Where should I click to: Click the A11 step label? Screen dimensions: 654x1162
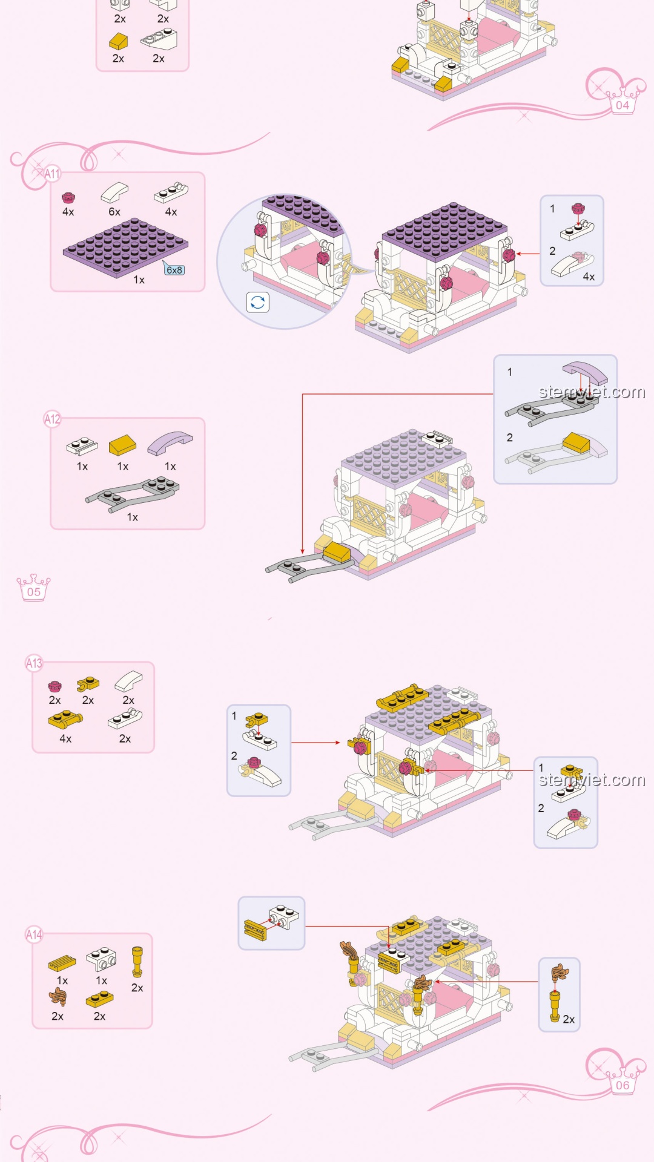point(52,174)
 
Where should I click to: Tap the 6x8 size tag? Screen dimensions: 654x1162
point(174,270)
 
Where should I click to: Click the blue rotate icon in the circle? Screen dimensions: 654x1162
point(257,302)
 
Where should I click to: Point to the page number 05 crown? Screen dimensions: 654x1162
point(34,588)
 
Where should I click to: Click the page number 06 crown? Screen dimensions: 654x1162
point(623,1082)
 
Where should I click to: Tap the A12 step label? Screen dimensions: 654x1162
point(52,419)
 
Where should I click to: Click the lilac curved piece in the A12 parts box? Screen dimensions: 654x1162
point(170,443)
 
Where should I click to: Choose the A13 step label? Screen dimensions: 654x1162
point(34,663)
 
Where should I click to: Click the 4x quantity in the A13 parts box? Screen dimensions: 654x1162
point(65,738)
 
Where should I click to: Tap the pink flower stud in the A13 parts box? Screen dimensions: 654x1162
point(54,686)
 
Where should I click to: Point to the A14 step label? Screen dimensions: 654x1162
point(34,935)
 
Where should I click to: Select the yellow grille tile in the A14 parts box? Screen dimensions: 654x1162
point(62,962)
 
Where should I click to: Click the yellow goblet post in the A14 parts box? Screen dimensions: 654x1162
point(137,962)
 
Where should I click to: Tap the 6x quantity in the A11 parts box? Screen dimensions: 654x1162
point(114,212)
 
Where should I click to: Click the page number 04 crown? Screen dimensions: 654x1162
point(623,101)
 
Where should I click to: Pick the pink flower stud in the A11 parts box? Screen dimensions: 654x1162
point(68,197)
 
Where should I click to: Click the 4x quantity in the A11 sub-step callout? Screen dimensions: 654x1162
point(589,277)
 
